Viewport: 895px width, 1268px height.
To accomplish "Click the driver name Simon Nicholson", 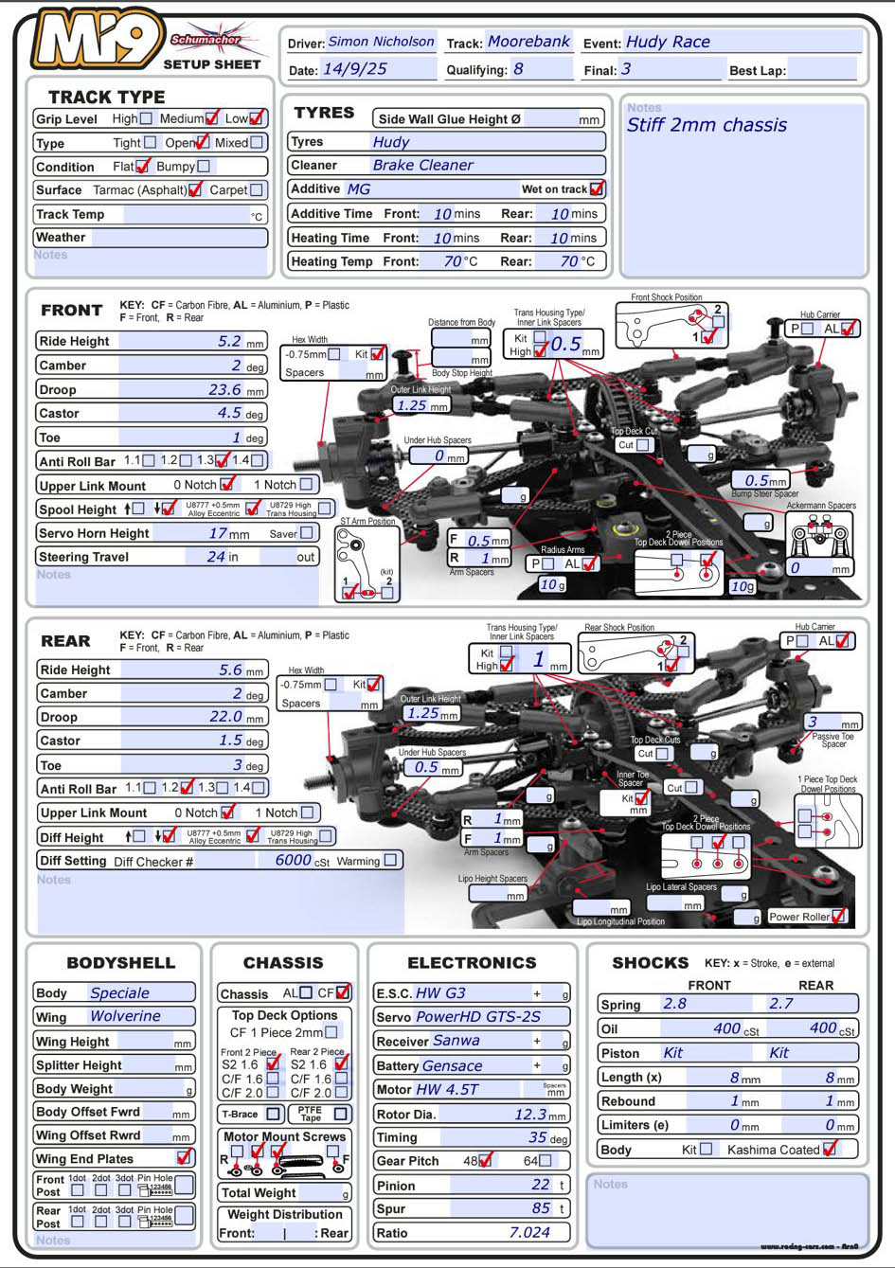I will click(381, 42).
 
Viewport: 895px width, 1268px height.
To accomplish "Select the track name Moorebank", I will click(528, 42).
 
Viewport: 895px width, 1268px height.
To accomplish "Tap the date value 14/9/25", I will click(355, 69).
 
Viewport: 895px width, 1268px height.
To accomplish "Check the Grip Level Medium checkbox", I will click(212, 118).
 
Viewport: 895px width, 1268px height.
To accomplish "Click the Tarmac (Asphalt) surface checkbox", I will click(195, 189).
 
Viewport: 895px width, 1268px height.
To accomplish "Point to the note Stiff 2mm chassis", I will click(707, 125).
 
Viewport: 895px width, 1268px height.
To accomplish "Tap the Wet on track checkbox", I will click(597, 188).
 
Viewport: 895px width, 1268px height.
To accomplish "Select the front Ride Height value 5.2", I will click(229, 341).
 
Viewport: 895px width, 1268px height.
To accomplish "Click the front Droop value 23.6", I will click(224, 389).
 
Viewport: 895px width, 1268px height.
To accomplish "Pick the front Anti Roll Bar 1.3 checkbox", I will click(224, 460).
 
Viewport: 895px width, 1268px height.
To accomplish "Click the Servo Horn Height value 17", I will click(217, 533).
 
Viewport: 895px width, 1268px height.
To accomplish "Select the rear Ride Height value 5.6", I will click(230, 670).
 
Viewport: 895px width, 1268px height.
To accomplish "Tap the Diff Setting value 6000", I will click(293, 860).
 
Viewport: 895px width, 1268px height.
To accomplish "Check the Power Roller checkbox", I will click(838, 916).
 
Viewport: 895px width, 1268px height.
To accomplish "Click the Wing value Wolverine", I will click(125, 1016).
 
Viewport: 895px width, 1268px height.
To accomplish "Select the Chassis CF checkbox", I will click(343, 992).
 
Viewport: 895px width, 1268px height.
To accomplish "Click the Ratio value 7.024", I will click(529, 1232).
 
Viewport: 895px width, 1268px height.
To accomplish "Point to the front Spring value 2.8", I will click(674, 1004).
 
